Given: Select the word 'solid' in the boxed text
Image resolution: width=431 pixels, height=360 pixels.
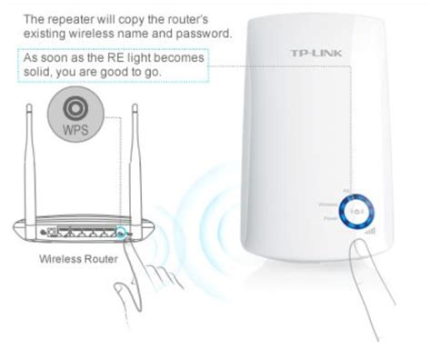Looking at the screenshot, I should [x=37, y=72].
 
